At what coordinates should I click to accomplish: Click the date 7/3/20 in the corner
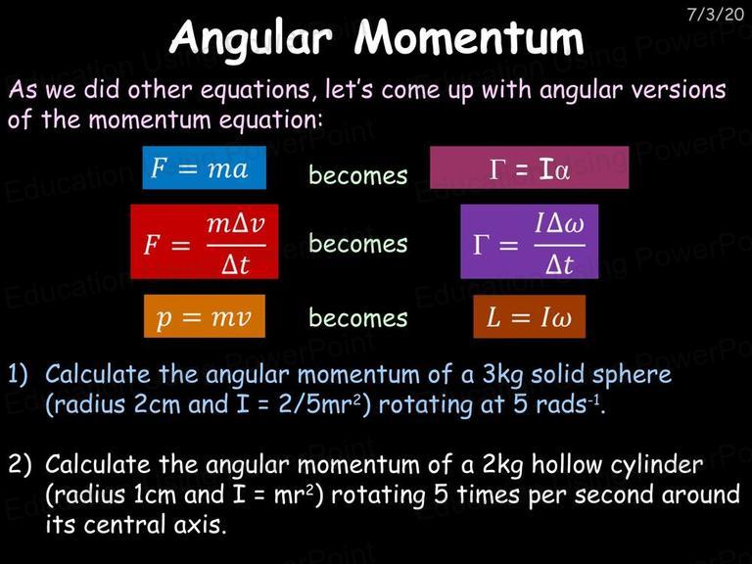coord(715,14)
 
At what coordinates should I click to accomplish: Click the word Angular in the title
coord(251,38)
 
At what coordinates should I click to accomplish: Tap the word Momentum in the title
coord(469,37)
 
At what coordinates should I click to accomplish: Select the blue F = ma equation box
coord(205,167)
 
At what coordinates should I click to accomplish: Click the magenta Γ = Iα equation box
coord(529,167)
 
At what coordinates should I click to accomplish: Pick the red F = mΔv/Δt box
coord(205,242)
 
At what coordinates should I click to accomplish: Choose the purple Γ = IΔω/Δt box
coord(530,242)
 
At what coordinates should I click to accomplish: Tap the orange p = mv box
coord(205,316)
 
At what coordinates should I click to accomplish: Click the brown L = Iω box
coord(530,316)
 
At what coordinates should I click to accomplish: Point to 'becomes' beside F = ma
coord(358,174)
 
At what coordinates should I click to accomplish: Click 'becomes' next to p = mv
coord(358,317)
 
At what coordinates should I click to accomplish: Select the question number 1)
coord(19,375)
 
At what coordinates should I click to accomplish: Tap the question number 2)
coord(20,464)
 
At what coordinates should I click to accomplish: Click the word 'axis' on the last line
coord(200,524)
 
